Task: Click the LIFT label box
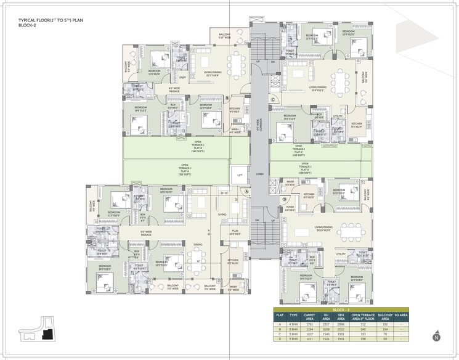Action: [240, 175]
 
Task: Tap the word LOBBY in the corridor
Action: [259, 174]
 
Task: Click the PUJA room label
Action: [234, 232]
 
